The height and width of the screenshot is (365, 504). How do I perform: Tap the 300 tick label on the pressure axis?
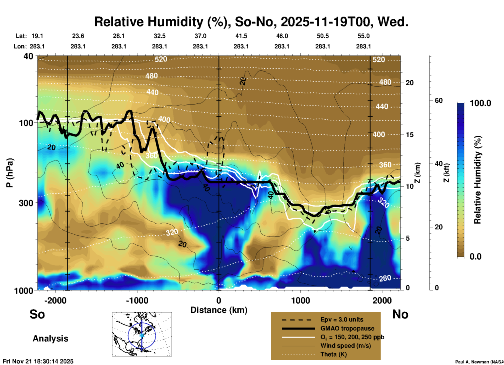click(26, 203)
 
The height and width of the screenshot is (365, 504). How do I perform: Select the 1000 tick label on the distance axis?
click(300, 300)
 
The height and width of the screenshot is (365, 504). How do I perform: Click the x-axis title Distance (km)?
click(219, 310)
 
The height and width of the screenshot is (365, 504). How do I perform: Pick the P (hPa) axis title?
click(10, 173)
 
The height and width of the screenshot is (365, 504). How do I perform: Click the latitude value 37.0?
click(200, 36)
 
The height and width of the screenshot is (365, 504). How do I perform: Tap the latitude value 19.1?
click(37, 36)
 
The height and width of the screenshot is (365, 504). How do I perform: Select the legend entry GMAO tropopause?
click(347, 328)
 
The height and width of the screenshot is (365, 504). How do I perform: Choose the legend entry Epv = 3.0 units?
click(342, 320)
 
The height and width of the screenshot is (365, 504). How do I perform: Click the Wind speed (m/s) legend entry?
click(345, 346)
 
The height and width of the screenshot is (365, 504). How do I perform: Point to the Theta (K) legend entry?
click(333, 354)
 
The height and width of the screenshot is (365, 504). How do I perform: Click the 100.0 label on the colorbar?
click(480, 103)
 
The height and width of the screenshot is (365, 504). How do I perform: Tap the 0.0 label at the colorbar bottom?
click(475, 256)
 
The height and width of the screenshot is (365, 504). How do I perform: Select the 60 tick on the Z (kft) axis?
click(439, 101)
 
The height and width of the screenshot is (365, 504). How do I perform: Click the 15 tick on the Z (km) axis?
click(410, 135)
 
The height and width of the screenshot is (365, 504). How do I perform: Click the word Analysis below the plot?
click(50, 338)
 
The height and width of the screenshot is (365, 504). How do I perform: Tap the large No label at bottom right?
click(400, 314)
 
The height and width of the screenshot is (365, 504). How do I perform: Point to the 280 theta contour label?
click(385, 278)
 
